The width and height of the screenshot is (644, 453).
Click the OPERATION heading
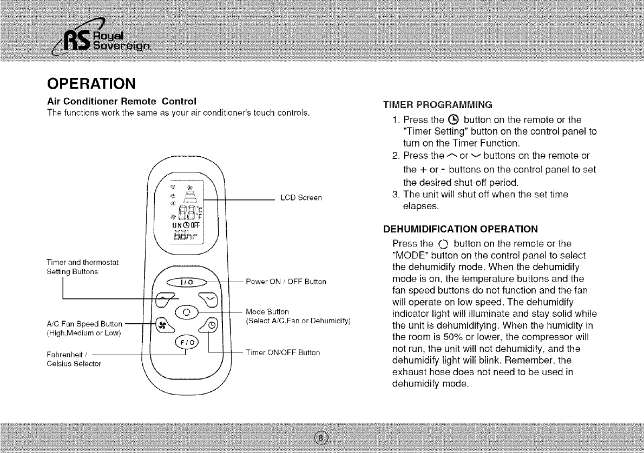90,85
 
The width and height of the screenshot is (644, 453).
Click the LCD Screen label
301,198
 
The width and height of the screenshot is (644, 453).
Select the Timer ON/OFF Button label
282,352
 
